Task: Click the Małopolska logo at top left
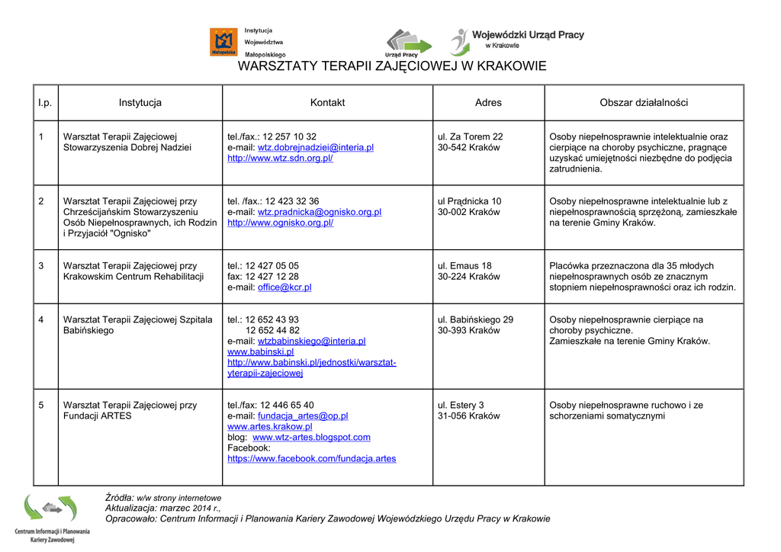point(223,42)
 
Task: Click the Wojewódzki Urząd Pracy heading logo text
point(528,35)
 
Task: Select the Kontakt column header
point(327,103)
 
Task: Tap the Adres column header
point(488,103)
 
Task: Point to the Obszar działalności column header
point(644,103)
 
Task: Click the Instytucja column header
point(140,103)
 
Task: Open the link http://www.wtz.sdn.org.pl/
point(280,159)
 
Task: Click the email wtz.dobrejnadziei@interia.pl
point(315,148)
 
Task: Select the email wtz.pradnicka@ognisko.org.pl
point(319,212)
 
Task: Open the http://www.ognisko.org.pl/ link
point(280,223)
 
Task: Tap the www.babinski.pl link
point(260,352)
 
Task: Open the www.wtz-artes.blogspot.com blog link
point(311,438)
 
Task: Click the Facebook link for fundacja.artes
point(311,459)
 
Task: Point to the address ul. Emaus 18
point(464,266)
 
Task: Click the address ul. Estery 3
point(461,406)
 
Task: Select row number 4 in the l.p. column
point(41,319)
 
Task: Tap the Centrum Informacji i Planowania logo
point(51,518)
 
